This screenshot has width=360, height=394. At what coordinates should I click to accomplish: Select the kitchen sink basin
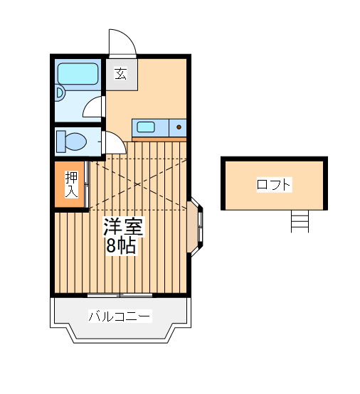pyautogui.click(x=146, y=127)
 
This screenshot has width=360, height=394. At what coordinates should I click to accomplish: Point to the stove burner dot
pyautogui.click(x=178, y=127)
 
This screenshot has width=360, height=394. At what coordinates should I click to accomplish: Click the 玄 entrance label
pyautogui.click(x=121, y=73)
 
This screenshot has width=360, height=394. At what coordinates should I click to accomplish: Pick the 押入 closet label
pyautogui.click(x=71, y=185)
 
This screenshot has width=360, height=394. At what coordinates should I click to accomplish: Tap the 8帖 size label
pyautogui.click(x=121, y=246)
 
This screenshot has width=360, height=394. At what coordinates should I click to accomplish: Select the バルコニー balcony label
pyautogui.click(x=120, y=316)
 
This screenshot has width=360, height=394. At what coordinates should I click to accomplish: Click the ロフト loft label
pyautogui.click(x=274, y=185)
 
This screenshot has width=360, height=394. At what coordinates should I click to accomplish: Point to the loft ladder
pyautogui.click(x=300, y=221)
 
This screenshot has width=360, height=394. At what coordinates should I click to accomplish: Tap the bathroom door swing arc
pyautogui.click(x=93, y=107)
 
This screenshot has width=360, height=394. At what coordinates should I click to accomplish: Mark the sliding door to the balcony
pyautogui.click(x=120, y=294)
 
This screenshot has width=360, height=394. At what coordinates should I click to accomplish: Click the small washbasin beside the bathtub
pyautogui.click(x=60, y=92)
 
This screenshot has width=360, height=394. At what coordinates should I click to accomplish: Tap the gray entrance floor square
pyautogui.click(x=122, y=75)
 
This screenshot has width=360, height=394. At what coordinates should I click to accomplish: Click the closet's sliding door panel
pyautogui.click(x=86, y=185)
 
